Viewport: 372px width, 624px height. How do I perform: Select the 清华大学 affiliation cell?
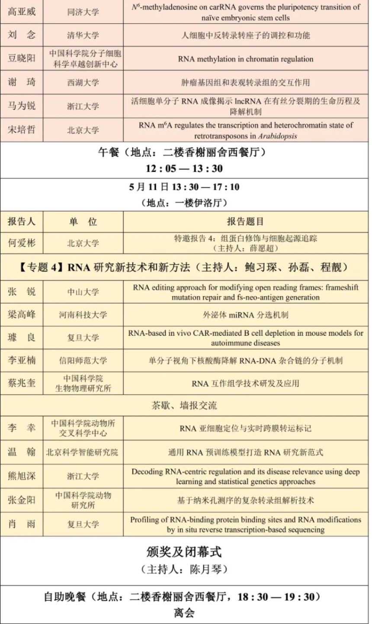pyautogui.click(x=83, y=35)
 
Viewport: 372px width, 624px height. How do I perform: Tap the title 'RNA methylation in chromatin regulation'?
pyautogui.click(x=245, y=59)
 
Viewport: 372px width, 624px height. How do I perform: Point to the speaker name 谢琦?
pyautogui.click(x=22, y=83)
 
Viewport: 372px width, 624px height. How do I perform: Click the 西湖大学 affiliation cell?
pyautogui.click(x=83, y=83)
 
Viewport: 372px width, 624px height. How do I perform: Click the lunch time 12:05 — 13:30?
pyautogui.click(x=184, y=169)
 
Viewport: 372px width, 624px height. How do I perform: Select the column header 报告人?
pyautogui.click(x=22, y=222)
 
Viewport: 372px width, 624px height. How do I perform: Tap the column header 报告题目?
pyautogui.click(x=245, y=222)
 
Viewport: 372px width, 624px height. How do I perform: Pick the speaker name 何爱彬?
pyautogui.click(x=22, y=243)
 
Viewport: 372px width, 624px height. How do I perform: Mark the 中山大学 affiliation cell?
pyautogui.click(x=83, y=292)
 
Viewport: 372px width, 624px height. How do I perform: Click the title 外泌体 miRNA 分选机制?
pyautogui.click(x=245, y=315)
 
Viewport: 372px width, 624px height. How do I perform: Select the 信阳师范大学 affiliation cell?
pyautogui.click(x=83, y=360)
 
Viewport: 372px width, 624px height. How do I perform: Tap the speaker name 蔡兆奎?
pyautogui.click(x=22, y=383)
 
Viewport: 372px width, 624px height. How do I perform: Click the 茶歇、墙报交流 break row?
pyautogui.click(x=184, y=405)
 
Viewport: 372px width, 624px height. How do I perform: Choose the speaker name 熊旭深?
pyautogui.click(x=22, y=476)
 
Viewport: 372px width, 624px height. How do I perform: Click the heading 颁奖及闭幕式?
pyautogui.click(x=184, y=552)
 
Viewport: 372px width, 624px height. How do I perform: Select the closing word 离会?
pyautogui.click(x=184, y=612)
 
